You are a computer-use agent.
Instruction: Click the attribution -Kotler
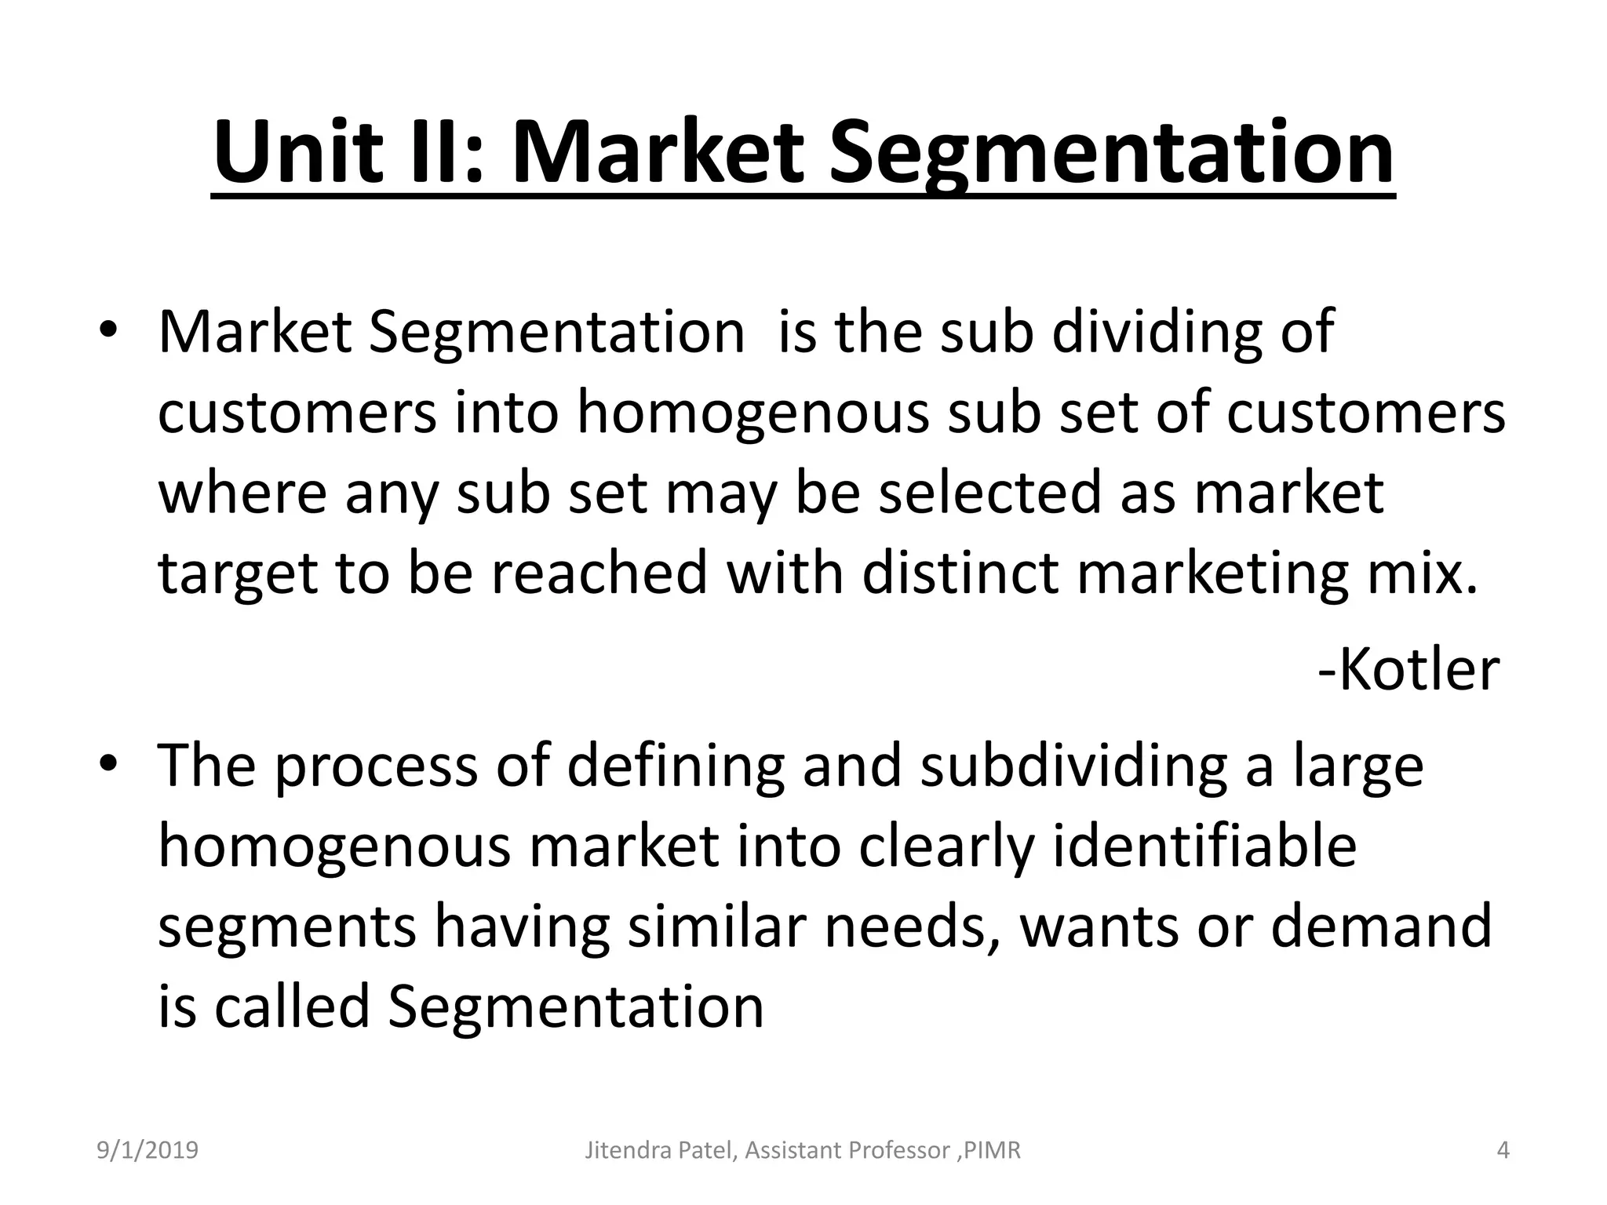tap(1408, 670)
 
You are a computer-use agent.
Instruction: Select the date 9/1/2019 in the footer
tap(148, 1150)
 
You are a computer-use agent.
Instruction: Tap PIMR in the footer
tap(993, 1150)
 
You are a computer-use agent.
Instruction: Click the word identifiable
tap(1204, 847)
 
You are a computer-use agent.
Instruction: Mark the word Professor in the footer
tap(895, 1150)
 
